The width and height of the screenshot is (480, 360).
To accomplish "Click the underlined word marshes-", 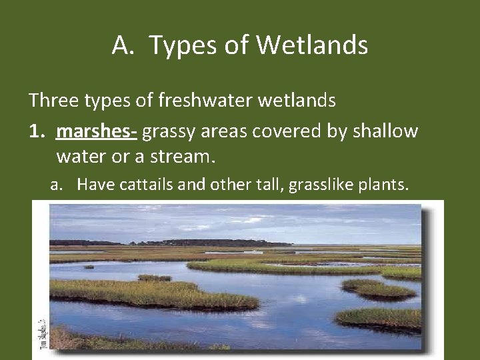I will click(x=97, y=131).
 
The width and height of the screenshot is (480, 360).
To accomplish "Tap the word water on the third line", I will click(x=80, y=157).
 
